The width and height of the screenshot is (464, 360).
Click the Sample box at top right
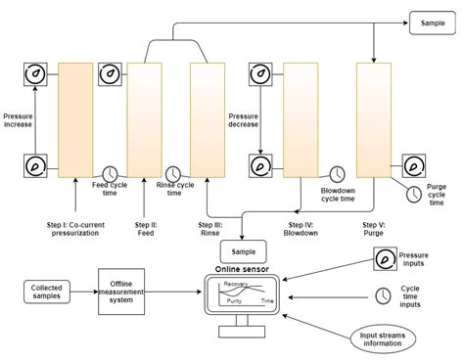coord(433,22)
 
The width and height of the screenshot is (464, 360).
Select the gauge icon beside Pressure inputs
coord(384,259)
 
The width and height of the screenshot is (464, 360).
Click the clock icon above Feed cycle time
coord(111,172)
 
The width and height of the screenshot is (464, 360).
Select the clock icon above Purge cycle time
coord(414,193)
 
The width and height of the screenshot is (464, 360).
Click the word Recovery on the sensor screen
coord(237,285)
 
